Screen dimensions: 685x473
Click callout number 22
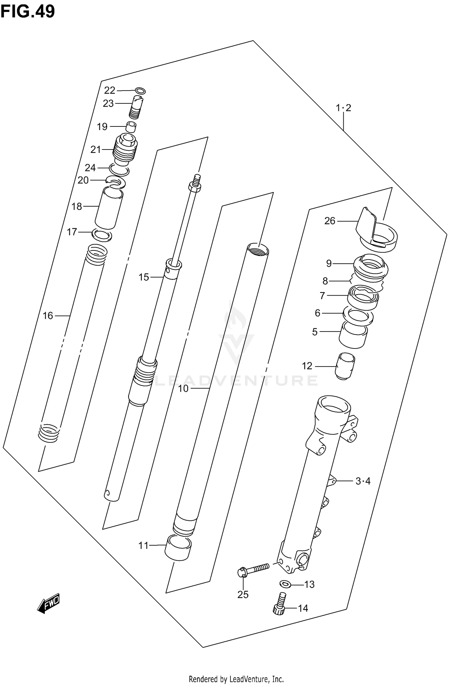109,91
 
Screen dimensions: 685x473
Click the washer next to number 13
286,584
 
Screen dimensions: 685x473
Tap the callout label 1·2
343,108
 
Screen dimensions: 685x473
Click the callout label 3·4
363,481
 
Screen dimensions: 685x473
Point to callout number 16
48,316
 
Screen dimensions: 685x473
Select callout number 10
183,389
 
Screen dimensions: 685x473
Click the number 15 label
143,277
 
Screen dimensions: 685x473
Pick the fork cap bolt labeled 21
125,149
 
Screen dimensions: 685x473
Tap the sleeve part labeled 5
353,336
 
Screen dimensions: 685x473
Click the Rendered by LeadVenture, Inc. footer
236,679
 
